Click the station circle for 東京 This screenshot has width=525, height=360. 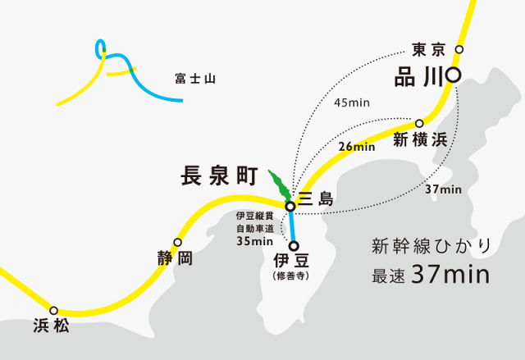pos(459,49)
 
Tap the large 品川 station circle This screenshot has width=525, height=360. pos(454,75)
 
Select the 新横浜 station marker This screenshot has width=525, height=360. pos(419,124)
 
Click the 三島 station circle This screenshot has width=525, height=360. pos(290,206)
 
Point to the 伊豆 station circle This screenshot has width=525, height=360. pos(294,246)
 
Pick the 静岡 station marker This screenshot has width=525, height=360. pos(177,242)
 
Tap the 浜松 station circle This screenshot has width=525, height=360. pos(53,311)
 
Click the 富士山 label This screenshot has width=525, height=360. pos(195,79)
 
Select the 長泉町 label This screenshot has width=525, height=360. pos(220,175)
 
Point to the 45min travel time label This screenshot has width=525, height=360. pos(352,103)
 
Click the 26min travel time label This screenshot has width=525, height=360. pos(357,147)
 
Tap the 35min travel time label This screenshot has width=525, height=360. pos(255,241)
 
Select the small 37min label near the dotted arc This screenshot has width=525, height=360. pos(443,189)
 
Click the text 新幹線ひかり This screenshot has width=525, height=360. pos(431,246)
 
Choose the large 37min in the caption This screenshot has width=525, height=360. pos(450,275)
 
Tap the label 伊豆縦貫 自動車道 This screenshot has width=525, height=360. pos(255,222)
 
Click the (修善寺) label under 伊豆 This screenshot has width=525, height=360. pos(291,276)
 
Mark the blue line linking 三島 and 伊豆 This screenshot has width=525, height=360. pos(292,226)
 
